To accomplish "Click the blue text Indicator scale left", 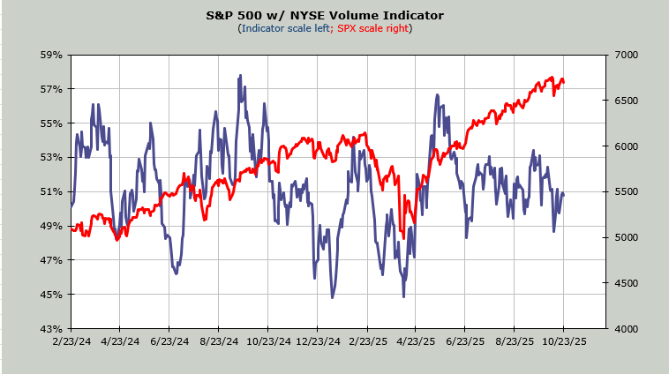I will click(286, 28).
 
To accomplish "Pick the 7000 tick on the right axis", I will click(622, 55).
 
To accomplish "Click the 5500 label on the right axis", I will click(622, 191).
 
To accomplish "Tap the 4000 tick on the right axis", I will click(622, 328).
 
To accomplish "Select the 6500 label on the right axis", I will click(622, 101).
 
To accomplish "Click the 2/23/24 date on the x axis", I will click(71, 340).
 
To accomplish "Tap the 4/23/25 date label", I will click(416, 340).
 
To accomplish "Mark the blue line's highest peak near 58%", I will click(240, 76).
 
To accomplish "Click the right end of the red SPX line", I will click(564, 81).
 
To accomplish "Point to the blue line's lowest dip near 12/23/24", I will click(332, 297).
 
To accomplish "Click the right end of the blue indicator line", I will click(564, 193).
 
